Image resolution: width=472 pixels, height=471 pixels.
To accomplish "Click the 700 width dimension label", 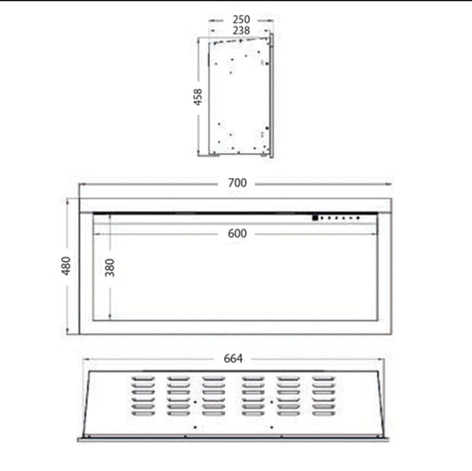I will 236,183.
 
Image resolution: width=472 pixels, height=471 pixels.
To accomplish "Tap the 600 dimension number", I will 236,234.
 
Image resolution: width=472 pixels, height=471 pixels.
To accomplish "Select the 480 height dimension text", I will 65,266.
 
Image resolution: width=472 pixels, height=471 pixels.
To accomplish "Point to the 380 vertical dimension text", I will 111,268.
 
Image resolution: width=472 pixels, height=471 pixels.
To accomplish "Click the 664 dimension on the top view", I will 233,359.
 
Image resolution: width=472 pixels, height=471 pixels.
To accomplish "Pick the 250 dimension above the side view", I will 241,18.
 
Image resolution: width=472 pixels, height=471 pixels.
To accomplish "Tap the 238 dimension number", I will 241,30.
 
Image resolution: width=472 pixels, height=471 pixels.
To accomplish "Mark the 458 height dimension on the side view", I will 199,97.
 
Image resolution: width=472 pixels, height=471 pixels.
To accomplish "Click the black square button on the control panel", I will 313,216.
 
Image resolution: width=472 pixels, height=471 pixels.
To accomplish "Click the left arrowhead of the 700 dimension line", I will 82,183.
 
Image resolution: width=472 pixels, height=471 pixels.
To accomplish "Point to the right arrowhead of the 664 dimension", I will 382,359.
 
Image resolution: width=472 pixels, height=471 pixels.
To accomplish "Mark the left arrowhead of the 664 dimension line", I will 85,359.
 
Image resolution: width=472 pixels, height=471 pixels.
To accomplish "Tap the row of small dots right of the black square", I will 341,217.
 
